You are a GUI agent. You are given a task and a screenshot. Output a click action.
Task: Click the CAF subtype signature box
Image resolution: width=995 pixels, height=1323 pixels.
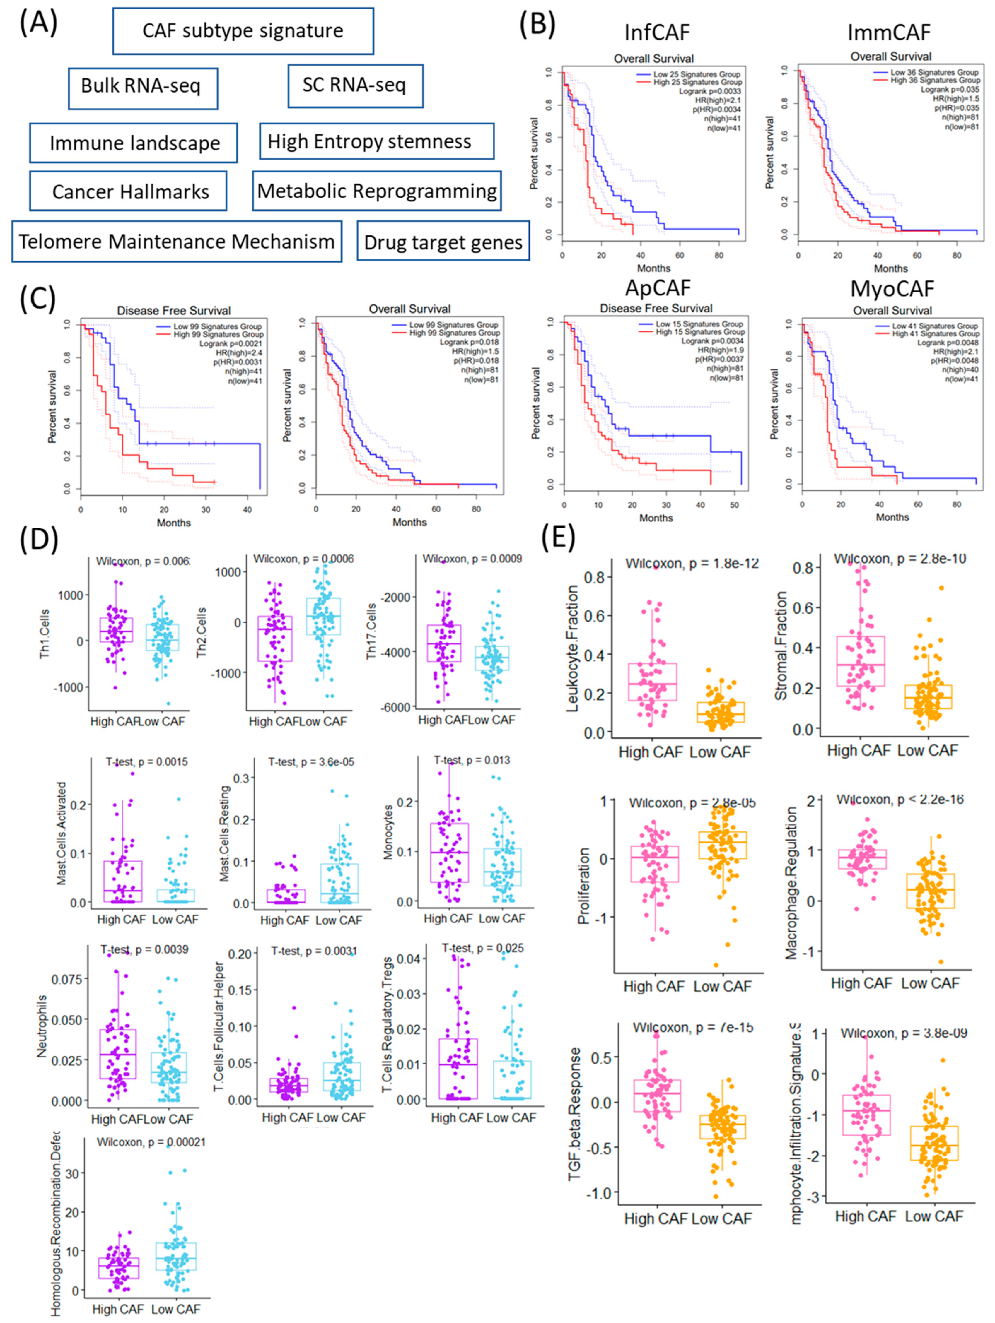pyautogui.click(x=243, y=30)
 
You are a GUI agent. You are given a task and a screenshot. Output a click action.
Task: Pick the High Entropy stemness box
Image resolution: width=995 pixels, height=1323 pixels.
pyautogui.click(x=376, y=141)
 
